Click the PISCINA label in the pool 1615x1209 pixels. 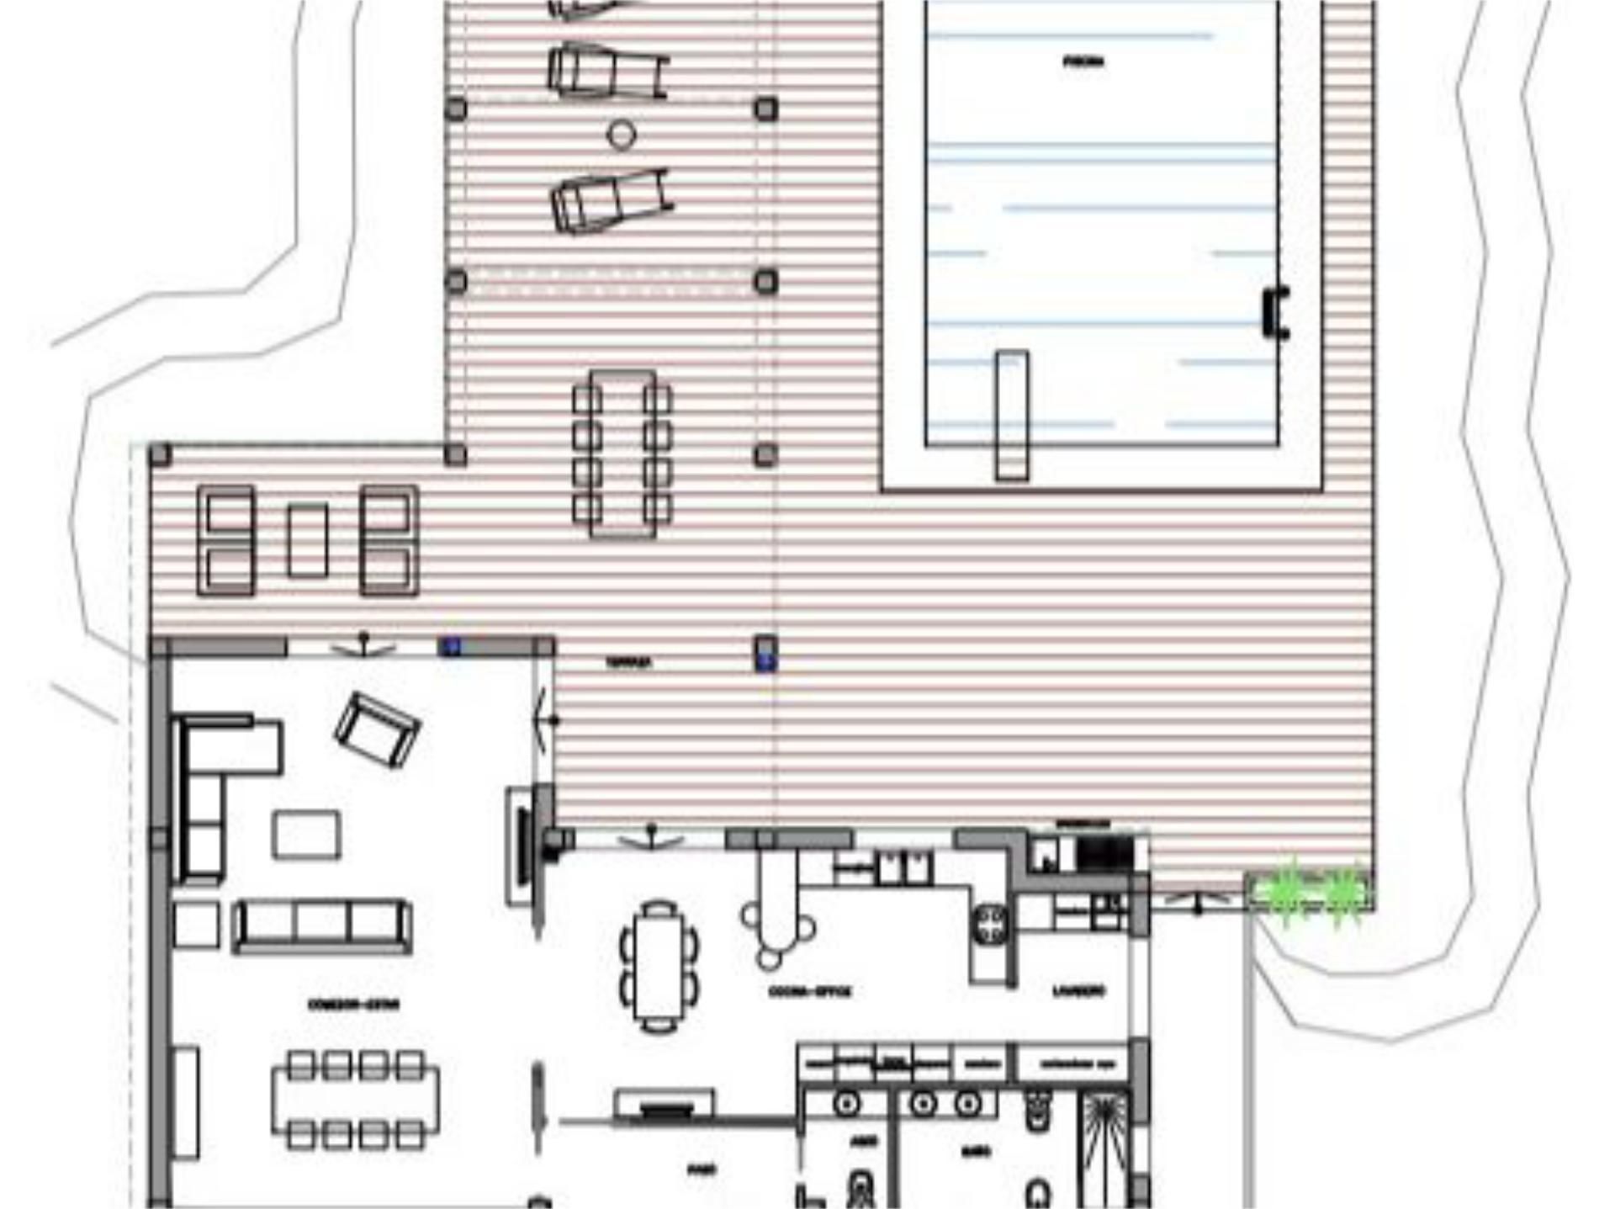[x=1083, y=61]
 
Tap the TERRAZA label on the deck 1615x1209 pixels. [x=628, y=663]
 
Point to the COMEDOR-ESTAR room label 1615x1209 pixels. [x=353, y=1004]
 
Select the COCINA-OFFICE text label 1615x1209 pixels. [x=810, y=991]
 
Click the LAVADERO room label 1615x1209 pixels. [x=1079, y=990]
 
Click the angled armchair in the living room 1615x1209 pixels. [x=377, y=729]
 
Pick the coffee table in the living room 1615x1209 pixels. [x=306, y=834]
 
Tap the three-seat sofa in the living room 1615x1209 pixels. [x=321, y=925]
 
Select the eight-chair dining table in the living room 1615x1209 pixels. [x=355, y=1099]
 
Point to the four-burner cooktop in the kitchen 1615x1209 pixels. [x=991, y=924]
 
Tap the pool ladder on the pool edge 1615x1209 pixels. [x=1277, y=312]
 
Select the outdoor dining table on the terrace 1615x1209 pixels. [x=622, y=453]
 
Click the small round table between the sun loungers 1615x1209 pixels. [x=622, y=135]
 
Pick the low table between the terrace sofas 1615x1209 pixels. [x=307, y=540]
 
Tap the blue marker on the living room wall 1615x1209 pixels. [x=452, y=646]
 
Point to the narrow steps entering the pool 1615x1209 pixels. [x=1012, y=415]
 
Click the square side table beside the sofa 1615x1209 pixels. [x=196, y=924]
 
